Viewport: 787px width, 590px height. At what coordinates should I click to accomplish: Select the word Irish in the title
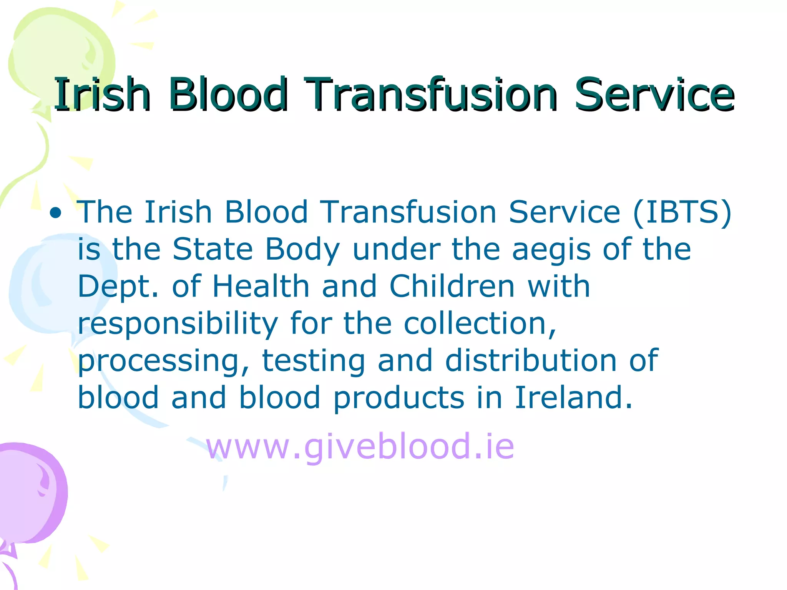(102, 94)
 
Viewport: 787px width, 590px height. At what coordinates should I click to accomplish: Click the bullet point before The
(56, 212)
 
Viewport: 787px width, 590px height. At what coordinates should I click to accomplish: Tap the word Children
(452, 286)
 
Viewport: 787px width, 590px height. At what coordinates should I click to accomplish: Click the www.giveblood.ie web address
(360, 446)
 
